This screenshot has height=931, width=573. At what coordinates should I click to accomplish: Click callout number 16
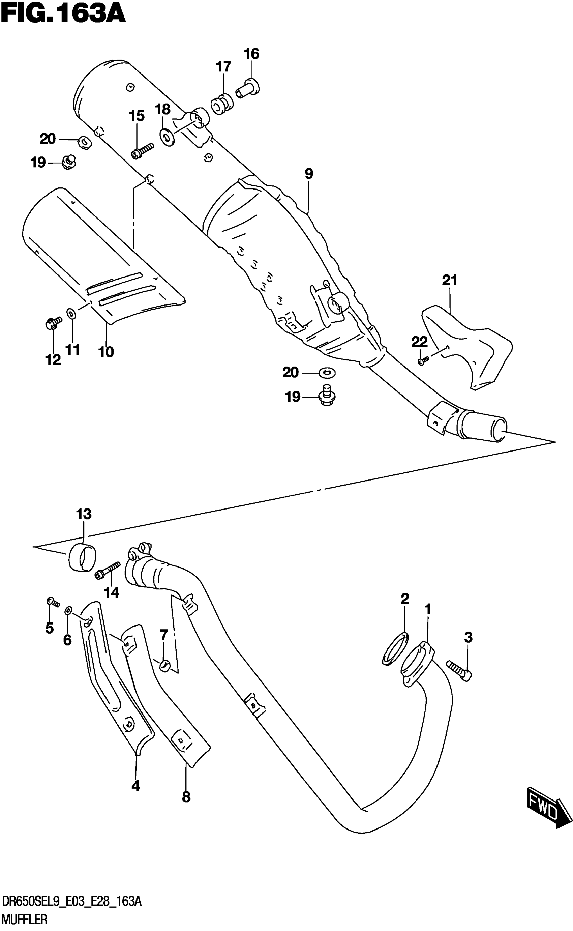pyautogui.click(x=251, y=54)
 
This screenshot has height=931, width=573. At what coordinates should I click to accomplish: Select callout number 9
pyautogui.click(x=309, y=174)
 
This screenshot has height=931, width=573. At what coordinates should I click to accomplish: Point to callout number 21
pyautogui.click(x=449, y=280)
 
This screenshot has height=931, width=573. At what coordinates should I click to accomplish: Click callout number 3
pyautogui.click(x=468, y=638)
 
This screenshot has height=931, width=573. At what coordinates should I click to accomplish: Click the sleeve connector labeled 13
pyautogui.click(x=82, y=557)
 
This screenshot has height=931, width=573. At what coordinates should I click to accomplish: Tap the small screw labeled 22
pyautogui.click(x=423, y=360)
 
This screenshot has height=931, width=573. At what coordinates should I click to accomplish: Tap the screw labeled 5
pyautogui.click(x=52, y=601)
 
